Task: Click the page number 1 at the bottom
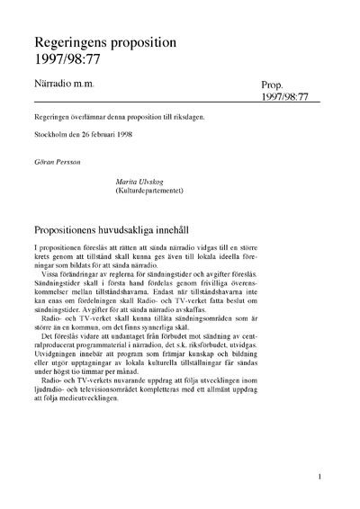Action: (321, 478)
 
